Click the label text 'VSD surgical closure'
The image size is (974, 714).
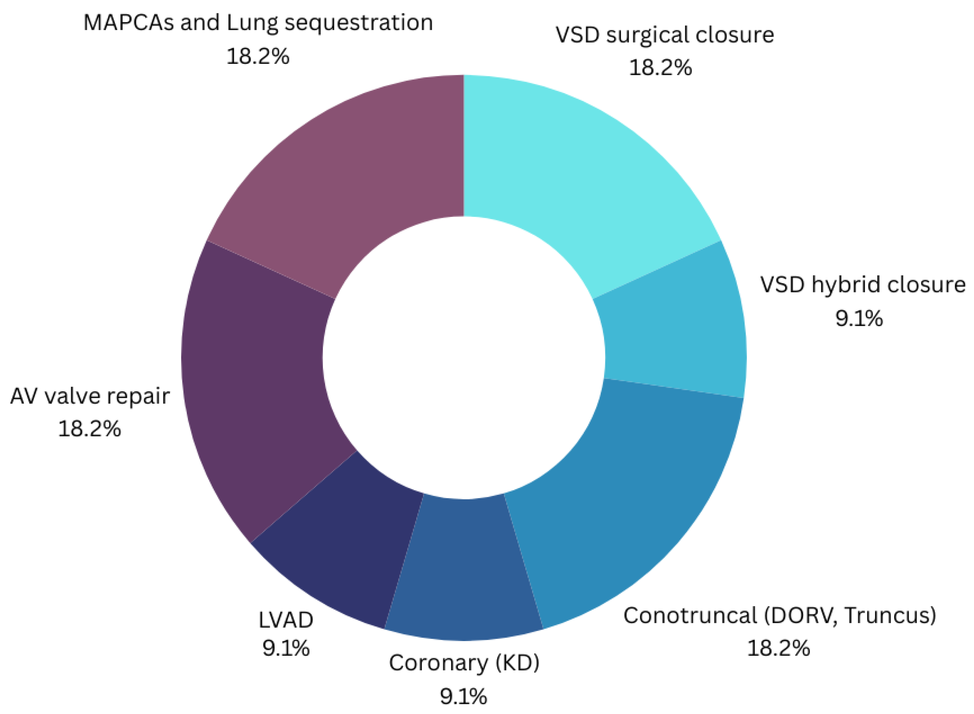(664, 35)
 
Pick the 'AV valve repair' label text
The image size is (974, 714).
(90, 396)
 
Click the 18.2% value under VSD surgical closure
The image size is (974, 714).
(660, 68)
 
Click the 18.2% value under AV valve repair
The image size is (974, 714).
(89, 429)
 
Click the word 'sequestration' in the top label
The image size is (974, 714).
(359, 23)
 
